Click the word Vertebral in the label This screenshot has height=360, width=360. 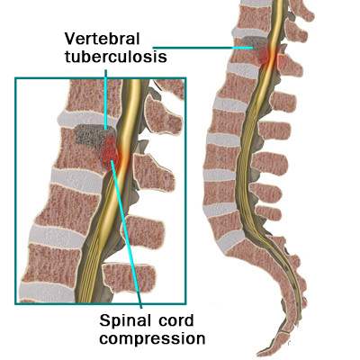click(103, 39)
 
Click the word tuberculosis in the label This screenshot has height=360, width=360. click(116, 57)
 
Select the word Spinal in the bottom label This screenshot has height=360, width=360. click(121, 321)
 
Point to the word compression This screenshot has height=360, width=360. click(152, 339)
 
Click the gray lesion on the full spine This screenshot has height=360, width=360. click(254, 44)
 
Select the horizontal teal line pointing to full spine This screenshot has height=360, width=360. click(202, 48)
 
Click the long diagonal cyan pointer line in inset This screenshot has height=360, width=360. click(126, 234)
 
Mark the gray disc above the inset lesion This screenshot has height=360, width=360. click(87, 120)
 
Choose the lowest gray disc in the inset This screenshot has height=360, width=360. click(48, 292)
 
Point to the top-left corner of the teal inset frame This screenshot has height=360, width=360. click(15, 78)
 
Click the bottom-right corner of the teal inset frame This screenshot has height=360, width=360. click(185, 303)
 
